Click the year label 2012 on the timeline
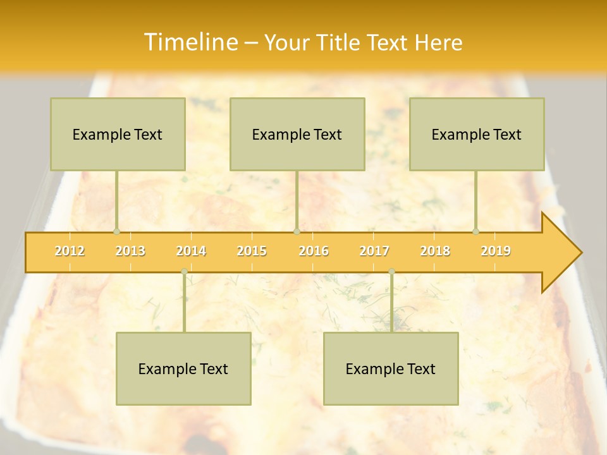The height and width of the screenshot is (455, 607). (x=70, y=251)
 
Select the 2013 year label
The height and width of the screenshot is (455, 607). (x=130, y=251)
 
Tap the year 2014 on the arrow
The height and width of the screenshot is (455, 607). (x=191, y=251)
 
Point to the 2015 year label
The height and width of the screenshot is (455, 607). (x=252, y=251)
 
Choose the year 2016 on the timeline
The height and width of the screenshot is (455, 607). (x=314, y=251)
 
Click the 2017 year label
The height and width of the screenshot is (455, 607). (x=374, y=251)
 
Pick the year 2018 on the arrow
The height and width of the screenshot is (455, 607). (x=435, y=251)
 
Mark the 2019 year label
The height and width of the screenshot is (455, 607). (x=496, y=251)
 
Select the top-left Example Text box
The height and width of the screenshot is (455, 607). (x=118, y=135)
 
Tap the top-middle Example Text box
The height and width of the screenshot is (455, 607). (x=297, y=135)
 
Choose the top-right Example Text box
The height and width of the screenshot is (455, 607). (x=477, y=135)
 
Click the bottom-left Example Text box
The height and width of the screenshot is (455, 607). (x=183, y=369)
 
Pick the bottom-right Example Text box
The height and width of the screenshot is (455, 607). (x=391, y=369)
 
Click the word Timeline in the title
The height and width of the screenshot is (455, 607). (x=190, y=42)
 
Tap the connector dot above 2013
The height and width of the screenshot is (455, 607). (x=116, y=231)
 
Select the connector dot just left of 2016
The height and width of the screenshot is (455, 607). (x=297, y=231)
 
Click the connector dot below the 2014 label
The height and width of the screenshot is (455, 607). (x=184, y=271)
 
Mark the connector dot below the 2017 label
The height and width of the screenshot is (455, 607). (x=391, y=271)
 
